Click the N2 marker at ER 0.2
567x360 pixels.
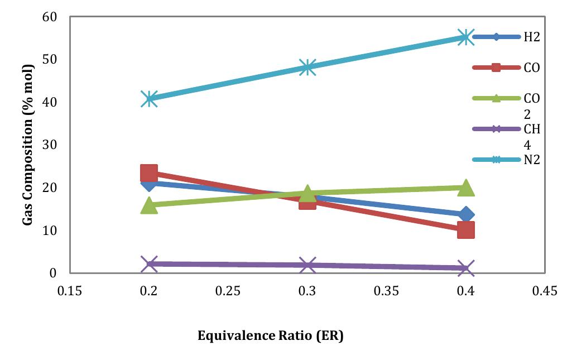pyautogui.click(x=149, y=99)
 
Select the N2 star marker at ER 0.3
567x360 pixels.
pyautogui.click(x=307, y=67)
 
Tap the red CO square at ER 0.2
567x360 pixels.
pyautogui.click(x=149, y=172)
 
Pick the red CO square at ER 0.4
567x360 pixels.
pyautogui.click(x=465, y=229)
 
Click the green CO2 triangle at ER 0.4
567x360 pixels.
pyautogui.click(x=465, y=188)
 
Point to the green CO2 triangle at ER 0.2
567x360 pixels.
pyautogui.click(x=149, y=205)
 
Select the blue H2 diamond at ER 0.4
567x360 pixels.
pyautogui.click(x=465, y=215)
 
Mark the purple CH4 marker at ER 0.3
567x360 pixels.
pyautogui.click(x=307, y=265)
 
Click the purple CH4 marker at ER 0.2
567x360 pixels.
pyautogui.click(x=149, y=263)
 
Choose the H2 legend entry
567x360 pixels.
pyautogui.click(x=531, y=37)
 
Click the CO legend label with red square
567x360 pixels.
pyautogui.click(x=531, y=68)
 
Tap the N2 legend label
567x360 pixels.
pyautogui.click(x=531, y=160)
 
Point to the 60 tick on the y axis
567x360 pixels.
pyautogui.click(x=50, y=17)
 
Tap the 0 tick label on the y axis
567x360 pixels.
pyautogui.click(x=54, y=273)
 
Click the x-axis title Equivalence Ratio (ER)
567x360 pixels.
pyautogui.click(x=270, y=337)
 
